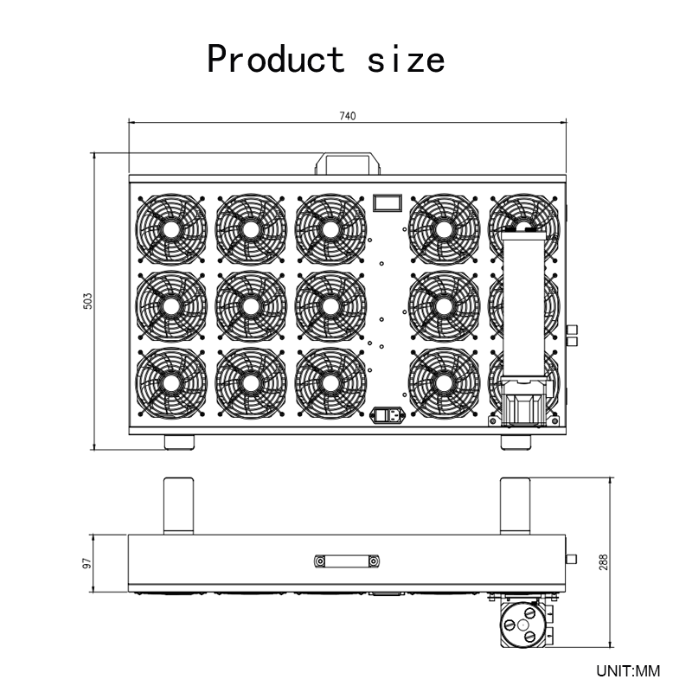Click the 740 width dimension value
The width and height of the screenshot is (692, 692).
pyautogui.click(x=348, y=116)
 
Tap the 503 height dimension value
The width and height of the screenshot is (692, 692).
pyautogui.click(x=88, y=301)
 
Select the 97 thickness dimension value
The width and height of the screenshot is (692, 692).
pyautogui.click(x=87, y=563)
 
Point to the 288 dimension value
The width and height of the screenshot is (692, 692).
pyautogui.click(x=603, y=562)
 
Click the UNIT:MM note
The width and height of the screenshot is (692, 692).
pyautogui.click(x=628, y=671)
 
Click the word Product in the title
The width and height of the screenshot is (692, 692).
pyautogui.click(x=276, y=59)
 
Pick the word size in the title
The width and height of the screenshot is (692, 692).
pyautogui.click(x=406, y=60)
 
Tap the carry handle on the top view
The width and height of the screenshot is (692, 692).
pyautogui.click(x=348, y=163)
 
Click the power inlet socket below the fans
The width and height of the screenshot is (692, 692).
pyautogui.click(x=387, y=415)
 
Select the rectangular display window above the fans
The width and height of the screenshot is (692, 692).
pyautogui.click(x=387, y=202)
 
